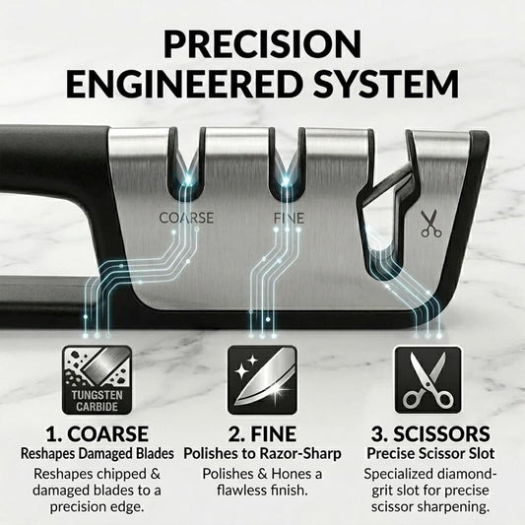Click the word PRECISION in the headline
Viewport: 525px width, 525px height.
click(262, 44)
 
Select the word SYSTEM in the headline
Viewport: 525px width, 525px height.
click(386, 83)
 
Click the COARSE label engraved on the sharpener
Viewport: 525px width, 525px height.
click(186, 218)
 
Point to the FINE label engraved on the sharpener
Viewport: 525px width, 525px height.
click(289, 219)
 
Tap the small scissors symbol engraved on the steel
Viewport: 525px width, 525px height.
click(430, 224)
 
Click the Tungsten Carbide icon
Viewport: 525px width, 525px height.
click(97, 379)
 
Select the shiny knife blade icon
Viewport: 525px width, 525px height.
click(262, 379)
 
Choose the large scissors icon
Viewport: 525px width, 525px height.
click(427, 379)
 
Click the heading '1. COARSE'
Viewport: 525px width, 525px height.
click(98, 433)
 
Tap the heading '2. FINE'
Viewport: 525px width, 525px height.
click(262, 433)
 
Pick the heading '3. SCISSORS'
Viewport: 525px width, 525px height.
click(430, 433)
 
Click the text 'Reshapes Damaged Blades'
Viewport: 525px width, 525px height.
click(98, 454)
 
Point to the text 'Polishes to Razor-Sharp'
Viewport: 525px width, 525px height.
click(262, 454)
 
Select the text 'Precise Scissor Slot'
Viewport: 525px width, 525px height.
click(430, 454)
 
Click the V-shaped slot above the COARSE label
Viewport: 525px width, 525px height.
click(186, 170)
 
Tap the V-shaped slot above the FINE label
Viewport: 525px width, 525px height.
click(287, 170)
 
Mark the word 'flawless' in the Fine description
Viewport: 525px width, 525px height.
click(244, 491)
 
